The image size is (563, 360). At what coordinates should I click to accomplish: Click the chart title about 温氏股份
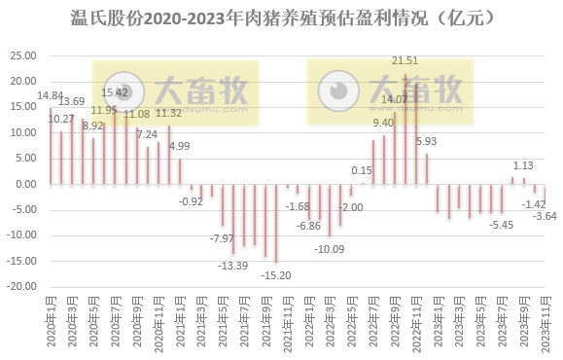tap(281, 18)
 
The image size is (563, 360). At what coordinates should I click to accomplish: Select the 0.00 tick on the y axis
tap(24, 183)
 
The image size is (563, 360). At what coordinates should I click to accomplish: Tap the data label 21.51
tap(405, 61)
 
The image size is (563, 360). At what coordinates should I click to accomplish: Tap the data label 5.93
tap(426, 141)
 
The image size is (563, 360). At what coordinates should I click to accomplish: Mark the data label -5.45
tap(501, 225)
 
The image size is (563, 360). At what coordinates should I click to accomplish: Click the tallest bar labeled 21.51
tap(405, 128)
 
